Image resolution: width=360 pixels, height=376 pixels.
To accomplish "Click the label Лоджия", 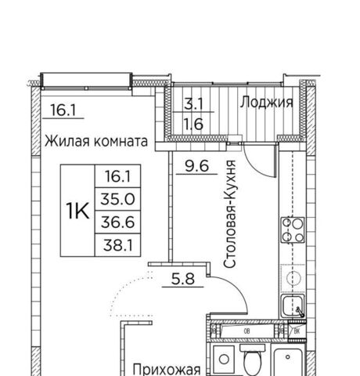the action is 266,102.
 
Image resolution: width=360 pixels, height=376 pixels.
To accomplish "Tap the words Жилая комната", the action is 96,141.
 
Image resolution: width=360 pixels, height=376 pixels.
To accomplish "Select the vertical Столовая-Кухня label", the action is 230,214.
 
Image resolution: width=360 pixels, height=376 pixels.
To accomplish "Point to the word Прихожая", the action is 167,370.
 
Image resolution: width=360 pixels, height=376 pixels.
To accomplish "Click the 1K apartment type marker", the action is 77,211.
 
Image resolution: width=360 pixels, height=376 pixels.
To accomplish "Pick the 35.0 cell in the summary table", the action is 117,199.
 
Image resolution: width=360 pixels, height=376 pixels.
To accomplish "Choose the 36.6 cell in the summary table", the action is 117,222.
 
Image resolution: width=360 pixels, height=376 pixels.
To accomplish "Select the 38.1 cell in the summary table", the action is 118,245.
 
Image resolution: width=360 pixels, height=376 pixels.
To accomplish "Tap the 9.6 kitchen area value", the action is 197,166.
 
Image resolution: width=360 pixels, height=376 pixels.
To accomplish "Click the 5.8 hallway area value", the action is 183,279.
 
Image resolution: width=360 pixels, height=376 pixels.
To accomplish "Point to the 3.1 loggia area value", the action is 193,104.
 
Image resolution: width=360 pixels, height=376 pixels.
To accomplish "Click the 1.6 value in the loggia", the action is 193,124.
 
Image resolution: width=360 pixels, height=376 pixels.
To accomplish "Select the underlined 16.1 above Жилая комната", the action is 63,110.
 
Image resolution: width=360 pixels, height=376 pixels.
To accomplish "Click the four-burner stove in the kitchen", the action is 293,230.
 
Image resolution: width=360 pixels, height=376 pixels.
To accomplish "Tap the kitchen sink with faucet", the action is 293,306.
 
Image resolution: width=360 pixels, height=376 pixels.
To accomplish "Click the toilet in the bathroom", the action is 252,360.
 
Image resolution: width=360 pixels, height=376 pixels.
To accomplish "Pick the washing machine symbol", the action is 224,360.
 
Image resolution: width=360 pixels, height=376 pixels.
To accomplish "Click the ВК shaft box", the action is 297,331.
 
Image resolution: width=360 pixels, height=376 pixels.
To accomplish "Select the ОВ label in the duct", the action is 247,331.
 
